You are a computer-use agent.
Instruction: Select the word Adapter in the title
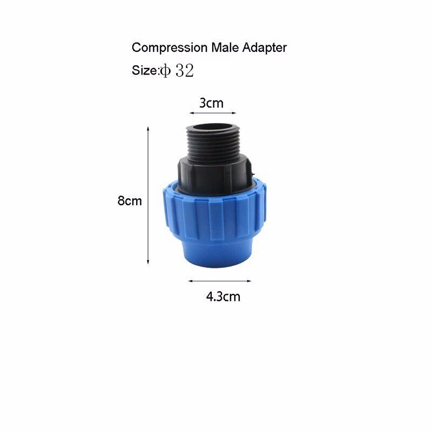click(x=265, y=48)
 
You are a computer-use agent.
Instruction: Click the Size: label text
click(x=145, y=71)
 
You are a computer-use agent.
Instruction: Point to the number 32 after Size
click(x=184, y=71)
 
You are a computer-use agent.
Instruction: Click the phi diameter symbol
click(x=164, y=71)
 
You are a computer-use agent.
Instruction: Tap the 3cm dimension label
click(x=211, y=103)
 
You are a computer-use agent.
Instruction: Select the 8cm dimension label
click(x=130, y=201)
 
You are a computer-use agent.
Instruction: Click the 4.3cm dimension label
click(x=223, y=296)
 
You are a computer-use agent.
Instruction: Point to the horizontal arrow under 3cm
click(x=213, y=113)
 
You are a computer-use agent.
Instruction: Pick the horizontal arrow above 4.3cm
click(x=220, y=281)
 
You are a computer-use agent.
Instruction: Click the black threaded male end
click(x=212, y=143)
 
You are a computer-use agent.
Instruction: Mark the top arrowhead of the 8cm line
click(x=148, y=129)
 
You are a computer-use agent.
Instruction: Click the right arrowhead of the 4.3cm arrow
click(x=249, y=281)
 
